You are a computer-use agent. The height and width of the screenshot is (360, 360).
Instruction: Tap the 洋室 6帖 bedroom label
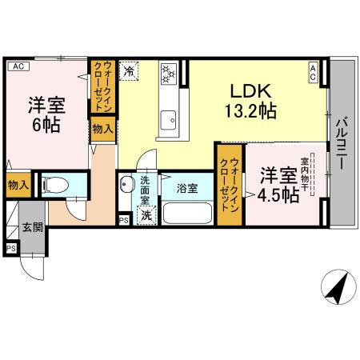point(47,115)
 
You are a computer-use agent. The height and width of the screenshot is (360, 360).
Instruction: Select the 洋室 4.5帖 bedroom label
point(279,184)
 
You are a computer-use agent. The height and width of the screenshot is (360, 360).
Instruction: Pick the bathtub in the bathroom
point(187,214)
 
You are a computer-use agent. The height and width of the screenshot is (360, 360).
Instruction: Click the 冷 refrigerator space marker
point(130,71)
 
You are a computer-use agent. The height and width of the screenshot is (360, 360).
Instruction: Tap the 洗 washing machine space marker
point(146,214)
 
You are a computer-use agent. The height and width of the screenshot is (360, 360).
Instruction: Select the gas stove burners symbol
point(168,74)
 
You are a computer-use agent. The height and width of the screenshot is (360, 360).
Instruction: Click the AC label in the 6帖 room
point(18,67)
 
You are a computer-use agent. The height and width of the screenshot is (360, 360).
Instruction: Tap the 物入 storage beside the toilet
point(18,185)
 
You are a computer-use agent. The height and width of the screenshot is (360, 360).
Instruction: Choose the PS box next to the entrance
point(11,248)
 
